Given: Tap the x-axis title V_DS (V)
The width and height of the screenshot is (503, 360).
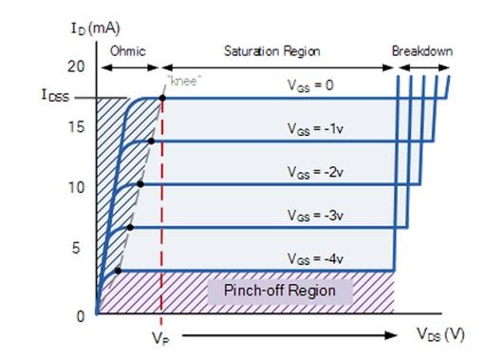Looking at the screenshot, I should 439,333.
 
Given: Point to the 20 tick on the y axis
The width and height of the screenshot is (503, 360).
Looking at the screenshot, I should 77,66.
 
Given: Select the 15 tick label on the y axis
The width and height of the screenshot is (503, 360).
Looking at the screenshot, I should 77,128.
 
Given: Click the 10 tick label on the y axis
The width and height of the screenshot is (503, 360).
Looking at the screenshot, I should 77,187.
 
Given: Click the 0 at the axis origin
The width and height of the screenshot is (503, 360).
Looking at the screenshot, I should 80,315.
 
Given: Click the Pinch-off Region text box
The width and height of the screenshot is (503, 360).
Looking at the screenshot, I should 279,290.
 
